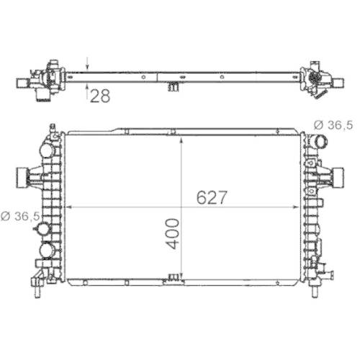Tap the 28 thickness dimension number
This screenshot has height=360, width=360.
(100, 96)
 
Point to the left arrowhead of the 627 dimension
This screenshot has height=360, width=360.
(69, 207)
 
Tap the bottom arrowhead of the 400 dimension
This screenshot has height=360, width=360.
(183, 278)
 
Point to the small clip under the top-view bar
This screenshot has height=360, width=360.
(173, 87)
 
